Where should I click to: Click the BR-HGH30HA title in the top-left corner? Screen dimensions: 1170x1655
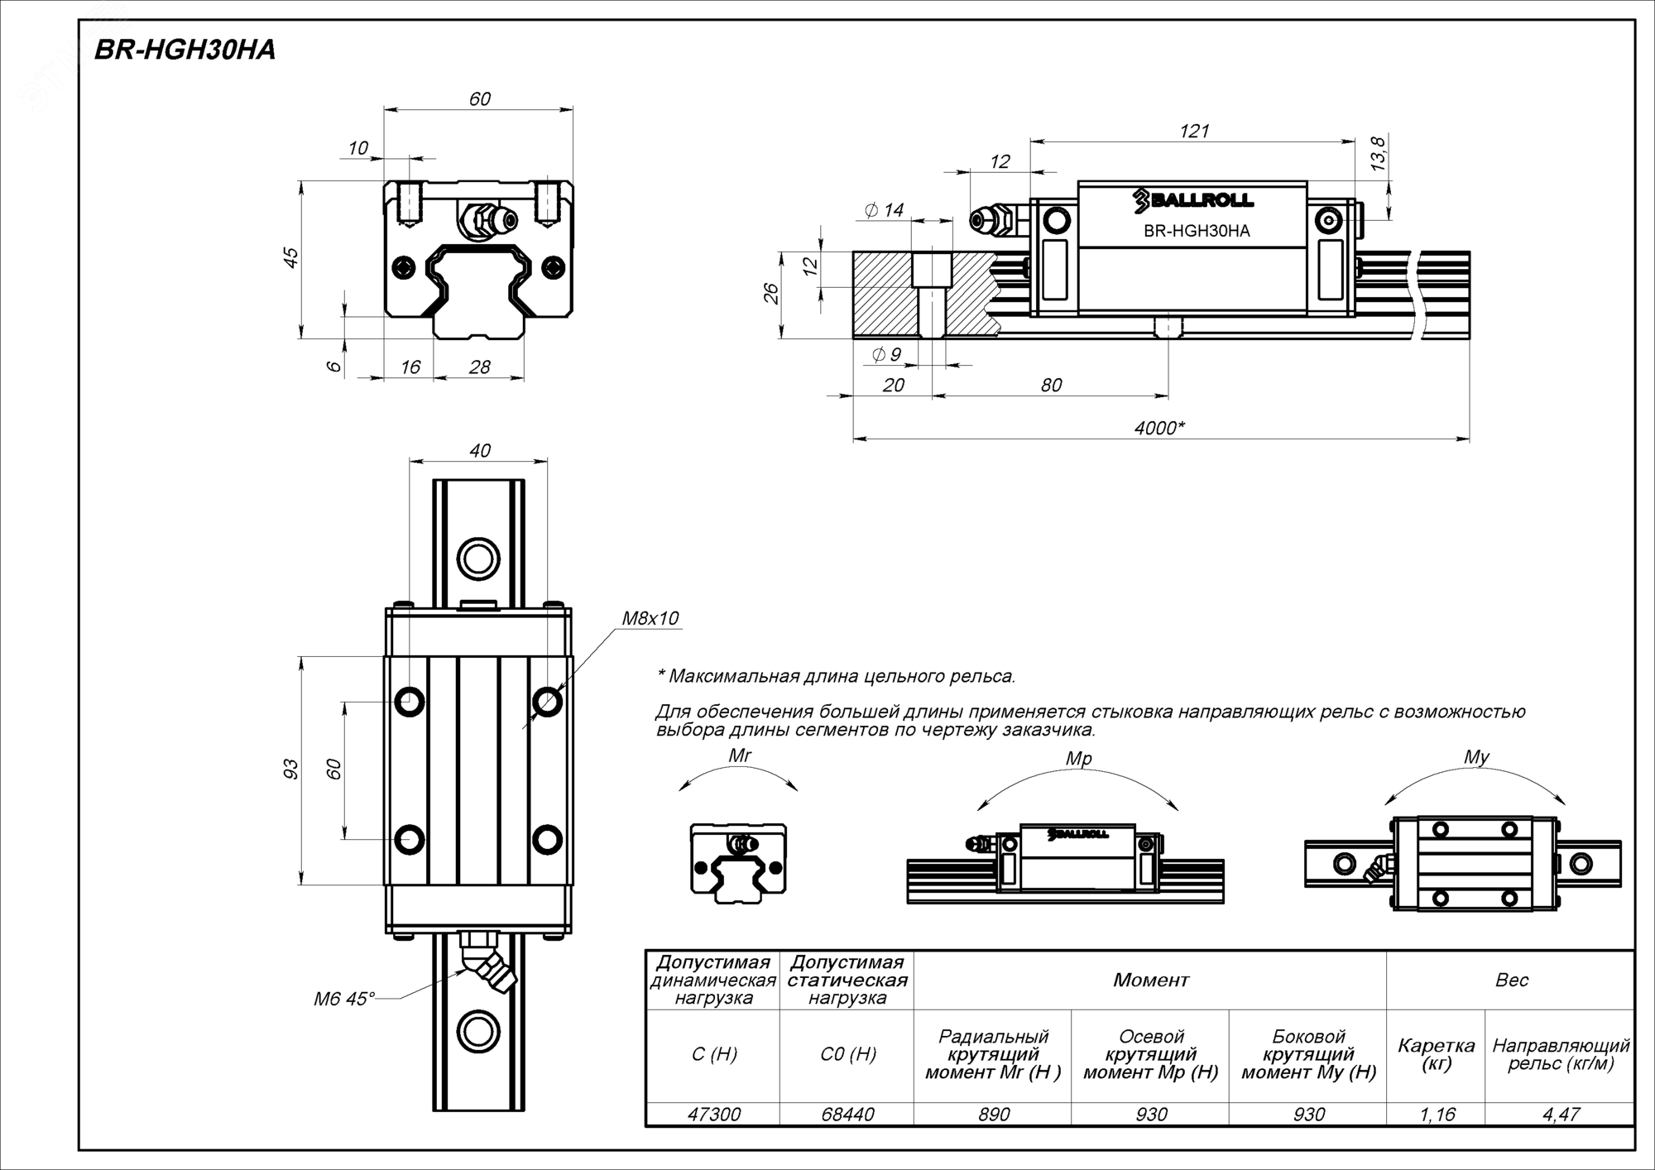pos(185,50)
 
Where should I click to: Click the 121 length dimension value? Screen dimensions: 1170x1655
pos(1194,131)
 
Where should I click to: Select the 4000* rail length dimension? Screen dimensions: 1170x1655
pos(1158,428)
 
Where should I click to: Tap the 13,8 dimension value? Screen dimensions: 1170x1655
pos(1378,155)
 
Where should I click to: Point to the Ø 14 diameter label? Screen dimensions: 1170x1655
pos(885,210)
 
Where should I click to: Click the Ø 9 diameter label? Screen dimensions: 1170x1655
pos(886,355)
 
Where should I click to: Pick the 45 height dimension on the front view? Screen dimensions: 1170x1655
pos(290,258)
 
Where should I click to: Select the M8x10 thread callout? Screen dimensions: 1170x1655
pos(650,618)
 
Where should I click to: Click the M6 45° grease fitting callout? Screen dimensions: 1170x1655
pos(343,999)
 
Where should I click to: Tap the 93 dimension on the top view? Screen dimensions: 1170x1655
pos(290,769)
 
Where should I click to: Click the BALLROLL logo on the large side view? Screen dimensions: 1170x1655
pos(1192,199)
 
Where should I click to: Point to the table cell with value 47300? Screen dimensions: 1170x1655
pos(714,1115)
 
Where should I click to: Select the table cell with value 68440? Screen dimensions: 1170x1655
pos(848,1115)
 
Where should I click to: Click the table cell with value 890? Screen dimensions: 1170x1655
pos(994,1115)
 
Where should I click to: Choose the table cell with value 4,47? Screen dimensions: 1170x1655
pos(1561,1115)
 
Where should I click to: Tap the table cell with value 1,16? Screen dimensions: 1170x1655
pos(1437,1115)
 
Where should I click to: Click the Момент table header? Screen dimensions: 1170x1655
pos(1150,981)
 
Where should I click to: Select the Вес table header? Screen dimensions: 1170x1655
pos(1511,981)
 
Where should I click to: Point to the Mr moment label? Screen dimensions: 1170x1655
pos(739,755)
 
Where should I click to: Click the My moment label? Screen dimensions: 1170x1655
pos(1476,757)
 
